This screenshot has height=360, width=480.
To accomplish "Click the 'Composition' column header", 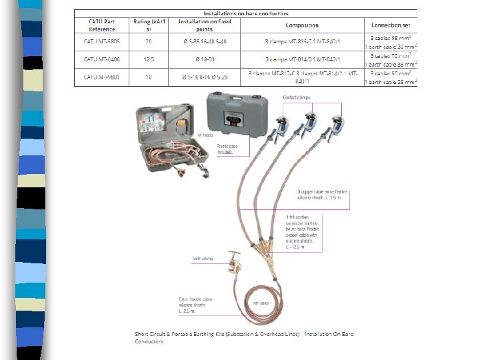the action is coord(302,25).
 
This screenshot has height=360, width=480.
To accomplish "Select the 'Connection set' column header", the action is coord(390,25).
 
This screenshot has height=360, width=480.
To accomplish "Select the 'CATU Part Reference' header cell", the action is coord(102,25).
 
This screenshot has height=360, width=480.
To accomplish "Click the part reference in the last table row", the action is coord(101,77).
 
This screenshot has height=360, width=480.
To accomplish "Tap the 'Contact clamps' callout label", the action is coord(297,98).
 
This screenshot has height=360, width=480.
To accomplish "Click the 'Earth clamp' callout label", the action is coord(203,258).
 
